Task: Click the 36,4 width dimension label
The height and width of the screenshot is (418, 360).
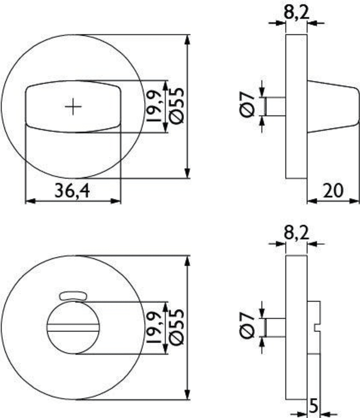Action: [x=72, y=191]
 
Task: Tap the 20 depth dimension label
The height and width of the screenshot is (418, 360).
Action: [x=333, y=190]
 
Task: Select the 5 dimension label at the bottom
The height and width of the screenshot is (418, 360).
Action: [x=313, y=406]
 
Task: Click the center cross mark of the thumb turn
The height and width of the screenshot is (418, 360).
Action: [x=73, y=107]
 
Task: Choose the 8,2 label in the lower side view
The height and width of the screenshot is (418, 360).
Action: [x=297, y=233]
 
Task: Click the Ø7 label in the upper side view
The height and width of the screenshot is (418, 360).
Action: [x=247, y=104]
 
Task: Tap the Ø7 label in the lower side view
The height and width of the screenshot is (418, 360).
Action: [x=247, y=326]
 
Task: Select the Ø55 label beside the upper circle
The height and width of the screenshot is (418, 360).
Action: [x=177, y=106]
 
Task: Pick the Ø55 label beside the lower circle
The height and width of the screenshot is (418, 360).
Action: [x=177, y=327]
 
